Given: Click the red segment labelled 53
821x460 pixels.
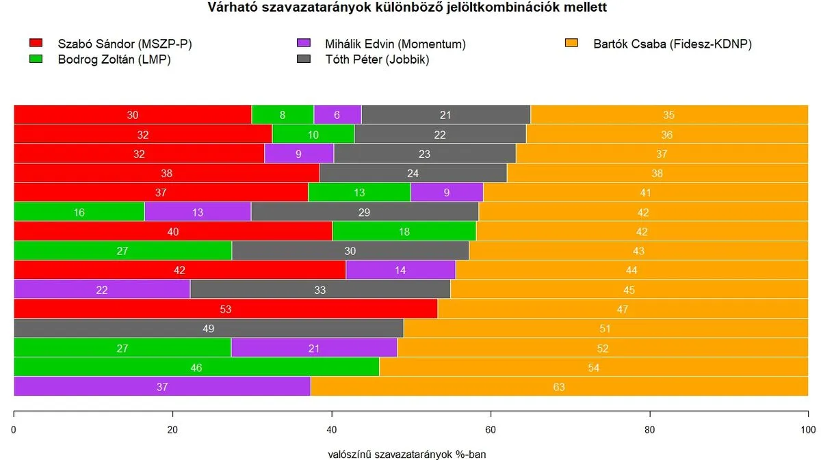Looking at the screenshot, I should tap(226, 309).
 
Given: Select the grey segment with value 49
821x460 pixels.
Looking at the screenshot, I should tap(209, 328).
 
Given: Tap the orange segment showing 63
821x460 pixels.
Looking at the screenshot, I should tap(559, 386).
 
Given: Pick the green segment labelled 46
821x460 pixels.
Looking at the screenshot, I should tap(196, 367).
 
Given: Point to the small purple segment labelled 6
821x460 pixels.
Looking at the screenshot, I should tap(337, 115).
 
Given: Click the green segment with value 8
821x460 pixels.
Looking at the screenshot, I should tap(283, 115).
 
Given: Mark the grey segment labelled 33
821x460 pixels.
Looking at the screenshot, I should tap(320, 290).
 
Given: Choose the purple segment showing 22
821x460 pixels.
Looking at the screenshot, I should tap(102, 290).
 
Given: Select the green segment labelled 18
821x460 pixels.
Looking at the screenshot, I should tap(404, 232).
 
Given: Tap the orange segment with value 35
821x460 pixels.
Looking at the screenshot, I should tap(669, 115).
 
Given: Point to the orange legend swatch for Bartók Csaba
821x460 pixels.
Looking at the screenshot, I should tap(572, 44).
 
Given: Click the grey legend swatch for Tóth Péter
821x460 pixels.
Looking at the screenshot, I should tap(303, 59).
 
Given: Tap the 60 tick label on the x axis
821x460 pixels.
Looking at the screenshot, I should tap(491, 430).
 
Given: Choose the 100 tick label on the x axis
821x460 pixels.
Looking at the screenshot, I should tap(808, 430).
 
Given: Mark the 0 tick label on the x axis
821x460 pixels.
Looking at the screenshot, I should tap(14, 430).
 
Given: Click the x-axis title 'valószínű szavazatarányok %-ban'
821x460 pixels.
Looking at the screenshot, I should tap(407, 454).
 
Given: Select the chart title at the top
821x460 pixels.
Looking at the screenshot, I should tap(407, 8).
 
